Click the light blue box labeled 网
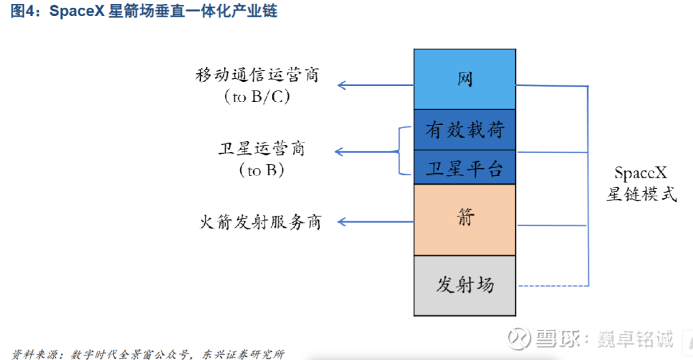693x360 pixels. (x=465, y=78)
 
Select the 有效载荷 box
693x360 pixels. (x=465, y=130)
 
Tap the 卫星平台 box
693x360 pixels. (x=465, y=168)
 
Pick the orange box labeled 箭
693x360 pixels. (x=465, y=219)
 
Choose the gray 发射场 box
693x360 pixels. (x=465, y=285)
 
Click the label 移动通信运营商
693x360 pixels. (x=257, y=75)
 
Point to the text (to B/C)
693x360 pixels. (x=257, y=98)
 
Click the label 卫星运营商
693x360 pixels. (x=261, y=149)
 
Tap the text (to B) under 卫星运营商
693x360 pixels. (x=261, y=171)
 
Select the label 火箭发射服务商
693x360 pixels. (x=260, y=222)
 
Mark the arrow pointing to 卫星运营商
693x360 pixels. (x=366, y=152)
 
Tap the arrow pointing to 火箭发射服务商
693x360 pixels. (x=375, y=222)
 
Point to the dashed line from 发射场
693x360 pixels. (x=552, y=286)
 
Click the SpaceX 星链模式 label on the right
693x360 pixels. (x=641, y=184)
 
